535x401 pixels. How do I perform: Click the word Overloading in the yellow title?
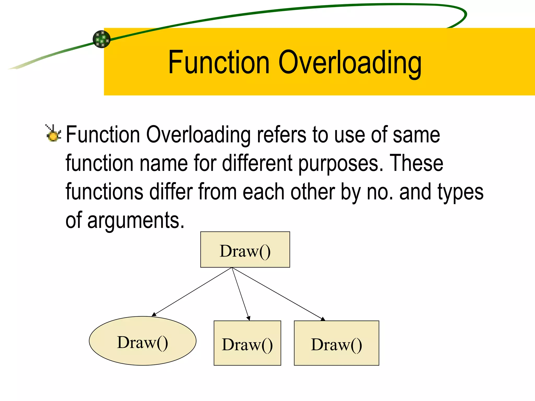click(x=350, y=63)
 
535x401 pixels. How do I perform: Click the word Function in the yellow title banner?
click(x=219, y=63)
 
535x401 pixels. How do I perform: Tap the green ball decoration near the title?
click(x=102, y=39)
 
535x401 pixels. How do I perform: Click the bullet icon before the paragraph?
click(x=54, y=134)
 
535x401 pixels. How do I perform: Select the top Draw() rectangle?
click(x=245, y=250)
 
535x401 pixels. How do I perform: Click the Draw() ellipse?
click(x=143, y=341)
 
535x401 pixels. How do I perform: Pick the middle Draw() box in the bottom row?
click(x=247, y=343)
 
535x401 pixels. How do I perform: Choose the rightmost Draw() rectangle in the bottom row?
click(x=336, y=343)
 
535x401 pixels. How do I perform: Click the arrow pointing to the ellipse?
click(x=192, y=292)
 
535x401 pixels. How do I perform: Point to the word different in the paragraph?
click(x=257, y=163)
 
